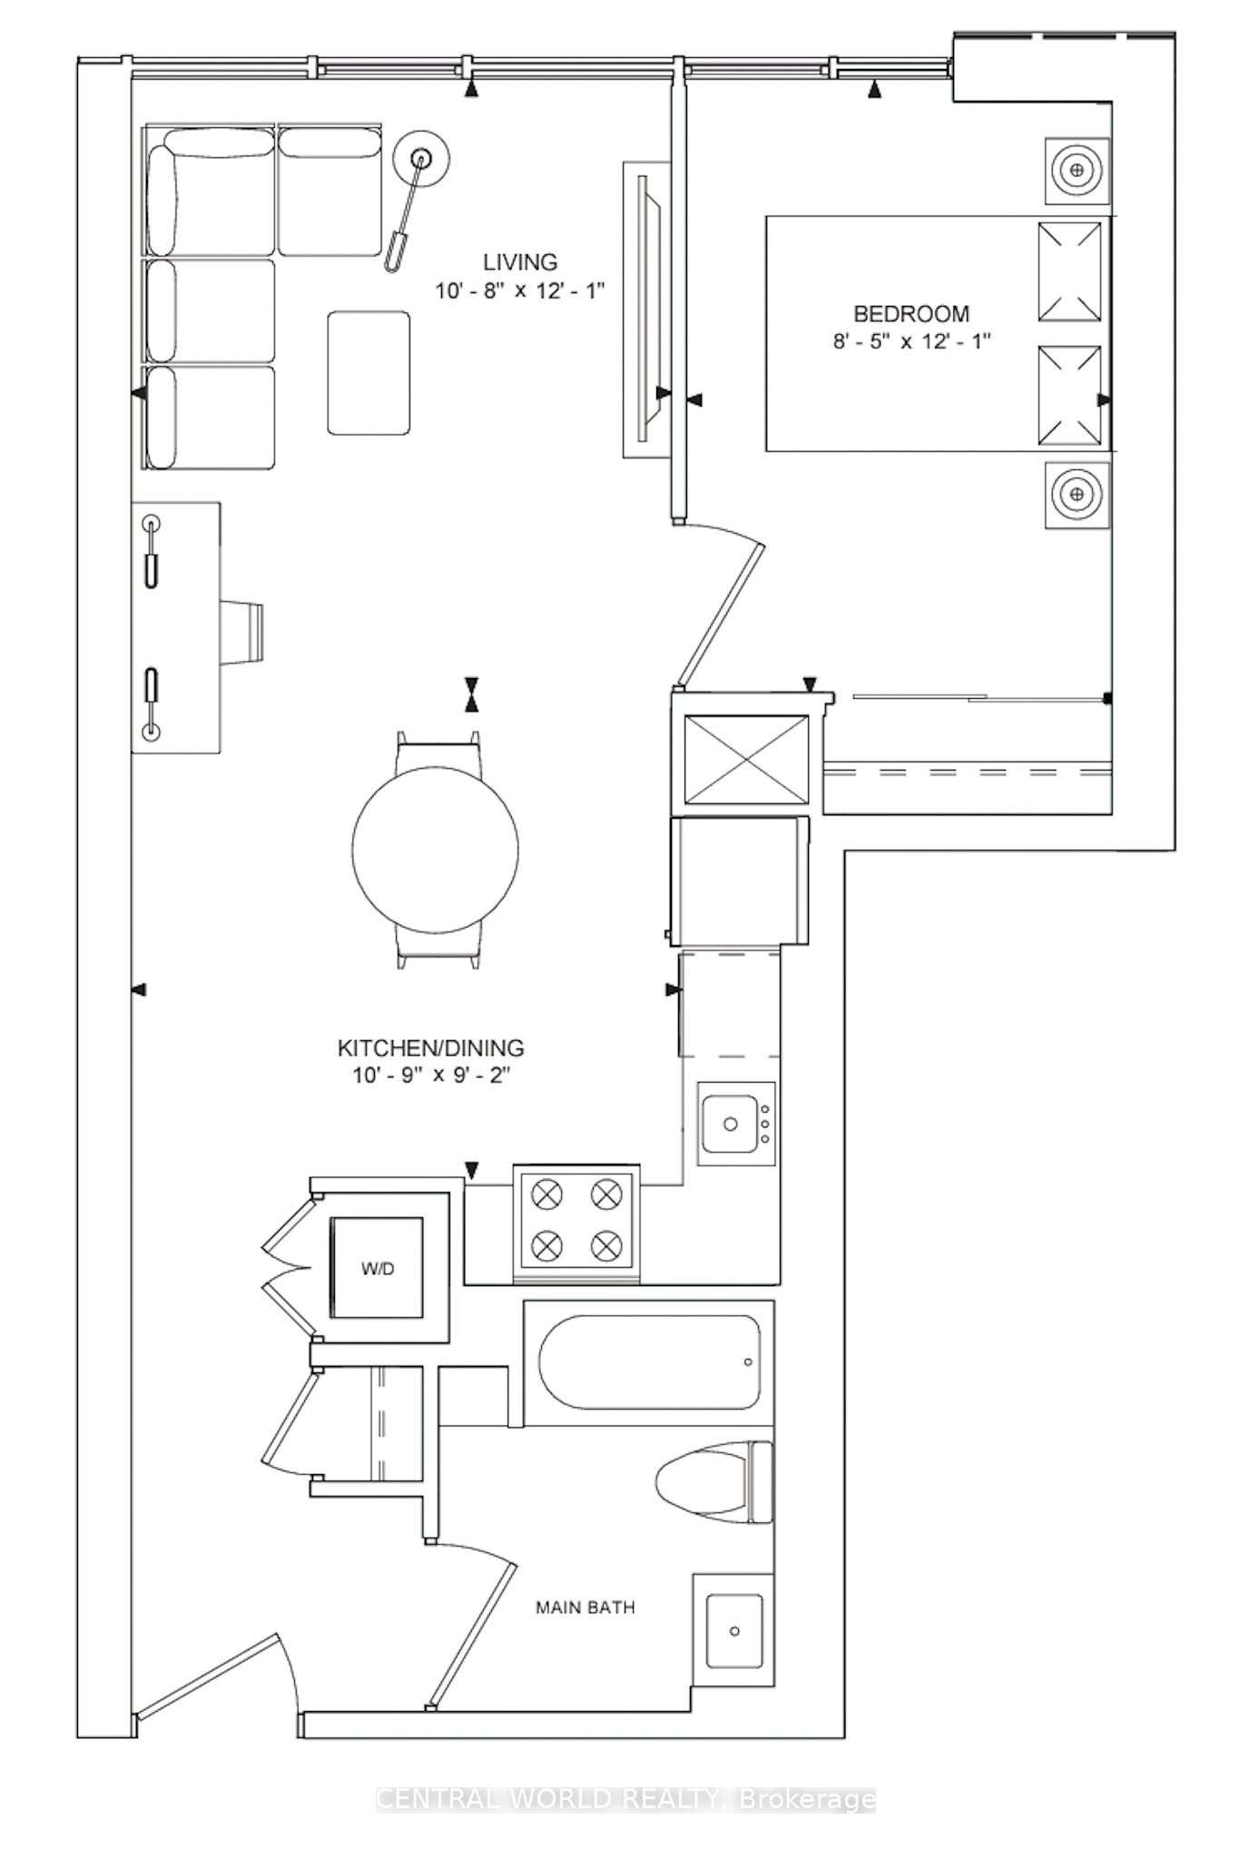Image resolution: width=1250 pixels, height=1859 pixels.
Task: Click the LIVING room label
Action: [x=519, y=262]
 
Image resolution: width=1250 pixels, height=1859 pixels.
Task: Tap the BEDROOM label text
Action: [x=911, y=314]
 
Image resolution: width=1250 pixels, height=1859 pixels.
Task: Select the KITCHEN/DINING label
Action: [x=431, y=1048]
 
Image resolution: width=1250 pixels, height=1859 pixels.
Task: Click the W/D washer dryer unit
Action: [x=378, y=1268]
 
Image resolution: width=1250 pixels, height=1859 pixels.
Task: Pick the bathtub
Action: [x=649, y=1362]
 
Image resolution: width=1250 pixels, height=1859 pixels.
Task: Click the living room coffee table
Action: [x=369, y=373]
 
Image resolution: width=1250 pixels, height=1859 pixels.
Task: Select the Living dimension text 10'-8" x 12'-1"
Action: [x=518, y=290]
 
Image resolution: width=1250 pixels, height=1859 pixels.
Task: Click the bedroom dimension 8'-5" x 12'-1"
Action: [x=911, y=342]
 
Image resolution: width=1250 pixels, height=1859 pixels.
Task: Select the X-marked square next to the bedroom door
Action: [x=745, y=759]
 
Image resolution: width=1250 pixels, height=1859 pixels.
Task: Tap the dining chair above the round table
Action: [x=438, y=750]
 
